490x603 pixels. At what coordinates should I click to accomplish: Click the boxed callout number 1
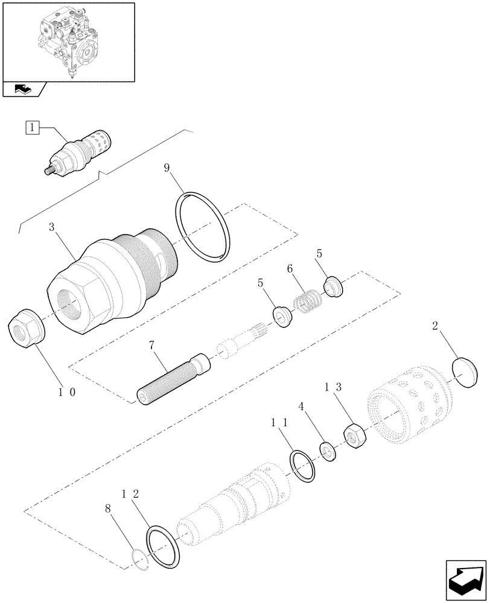point(32,127)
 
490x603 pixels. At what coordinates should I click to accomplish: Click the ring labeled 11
point(302,466)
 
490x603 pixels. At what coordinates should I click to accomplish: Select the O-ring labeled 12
point(163,545)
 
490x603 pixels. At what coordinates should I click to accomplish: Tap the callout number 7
point(151,346)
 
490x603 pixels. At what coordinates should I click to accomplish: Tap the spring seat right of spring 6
point(334,287)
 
